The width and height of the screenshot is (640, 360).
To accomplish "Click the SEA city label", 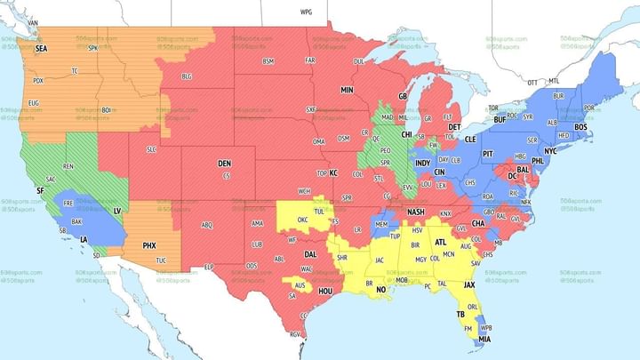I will pyautogui.click(x=41, y=50).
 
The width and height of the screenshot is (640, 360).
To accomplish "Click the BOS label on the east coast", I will pyautogui.click(x=581, y=127).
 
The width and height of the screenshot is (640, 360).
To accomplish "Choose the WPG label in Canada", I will pyautogui.click(x=307, y=13).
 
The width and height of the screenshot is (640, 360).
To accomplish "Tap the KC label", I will pyautogui.click(x=334, y=173).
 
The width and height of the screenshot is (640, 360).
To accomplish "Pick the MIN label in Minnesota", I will pyautogui.click(x=347, y=91).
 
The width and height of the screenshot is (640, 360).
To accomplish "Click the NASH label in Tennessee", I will pyautogui.click(x=416, y=212).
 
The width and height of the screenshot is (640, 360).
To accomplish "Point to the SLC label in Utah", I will pyautogui.click(x=151, y=148).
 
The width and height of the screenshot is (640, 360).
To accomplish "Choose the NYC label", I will pyautogui.click(x=550, y=151).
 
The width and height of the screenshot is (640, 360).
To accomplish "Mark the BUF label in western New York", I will pyautogui.click(x=500, y=119).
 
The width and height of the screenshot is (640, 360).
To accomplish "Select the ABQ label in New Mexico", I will pyautogui.click(x=207, y=225).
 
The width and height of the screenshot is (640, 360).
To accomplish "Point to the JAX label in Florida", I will pyautogui.click(x=469, y=285).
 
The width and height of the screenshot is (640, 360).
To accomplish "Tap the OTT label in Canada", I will pyautogui.click(x=532, y=83).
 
